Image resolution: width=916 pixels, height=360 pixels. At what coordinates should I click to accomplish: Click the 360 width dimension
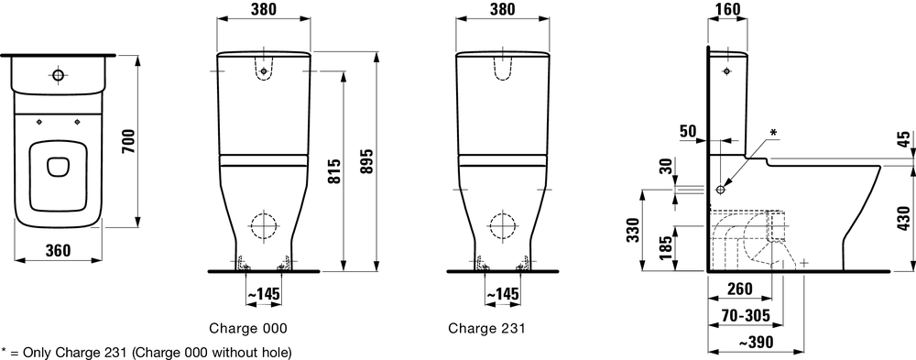click(x=58, y=250)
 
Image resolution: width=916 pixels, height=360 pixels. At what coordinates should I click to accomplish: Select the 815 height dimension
click(x=333, y=170)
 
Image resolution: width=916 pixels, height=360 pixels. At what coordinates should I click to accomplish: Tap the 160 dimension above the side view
click(x=727, y=9)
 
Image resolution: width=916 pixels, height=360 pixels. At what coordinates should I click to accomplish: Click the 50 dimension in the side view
click(x=689, y=131)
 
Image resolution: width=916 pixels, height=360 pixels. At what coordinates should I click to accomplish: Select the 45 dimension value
click(x=904, y=140)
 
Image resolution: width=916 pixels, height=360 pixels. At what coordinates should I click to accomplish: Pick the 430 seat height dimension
click(x=904, y=218)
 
